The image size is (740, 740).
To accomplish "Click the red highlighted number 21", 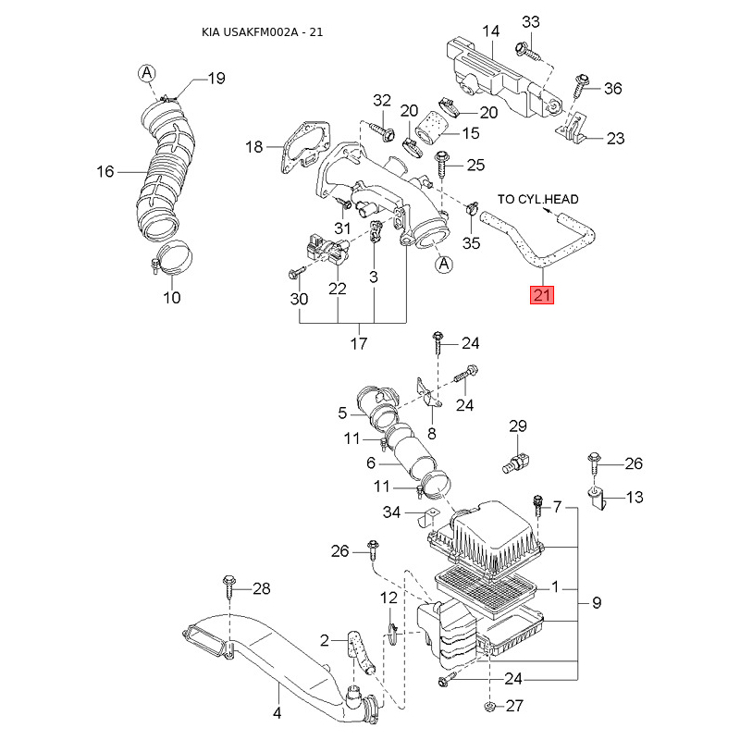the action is [541, 295].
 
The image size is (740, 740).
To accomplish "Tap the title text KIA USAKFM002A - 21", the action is [262, 32].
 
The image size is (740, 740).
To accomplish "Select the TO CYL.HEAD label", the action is [537, 199].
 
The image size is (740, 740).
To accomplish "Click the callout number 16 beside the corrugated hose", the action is [105, 171].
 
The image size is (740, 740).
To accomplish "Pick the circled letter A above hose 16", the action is [147, 73].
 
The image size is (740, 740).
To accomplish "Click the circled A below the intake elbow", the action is [444, 264].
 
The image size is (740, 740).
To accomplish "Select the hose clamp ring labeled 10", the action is [173, 259].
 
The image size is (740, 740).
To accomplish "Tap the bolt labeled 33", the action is [527, 51].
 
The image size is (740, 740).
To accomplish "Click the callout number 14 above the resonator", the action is [491, 31].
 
